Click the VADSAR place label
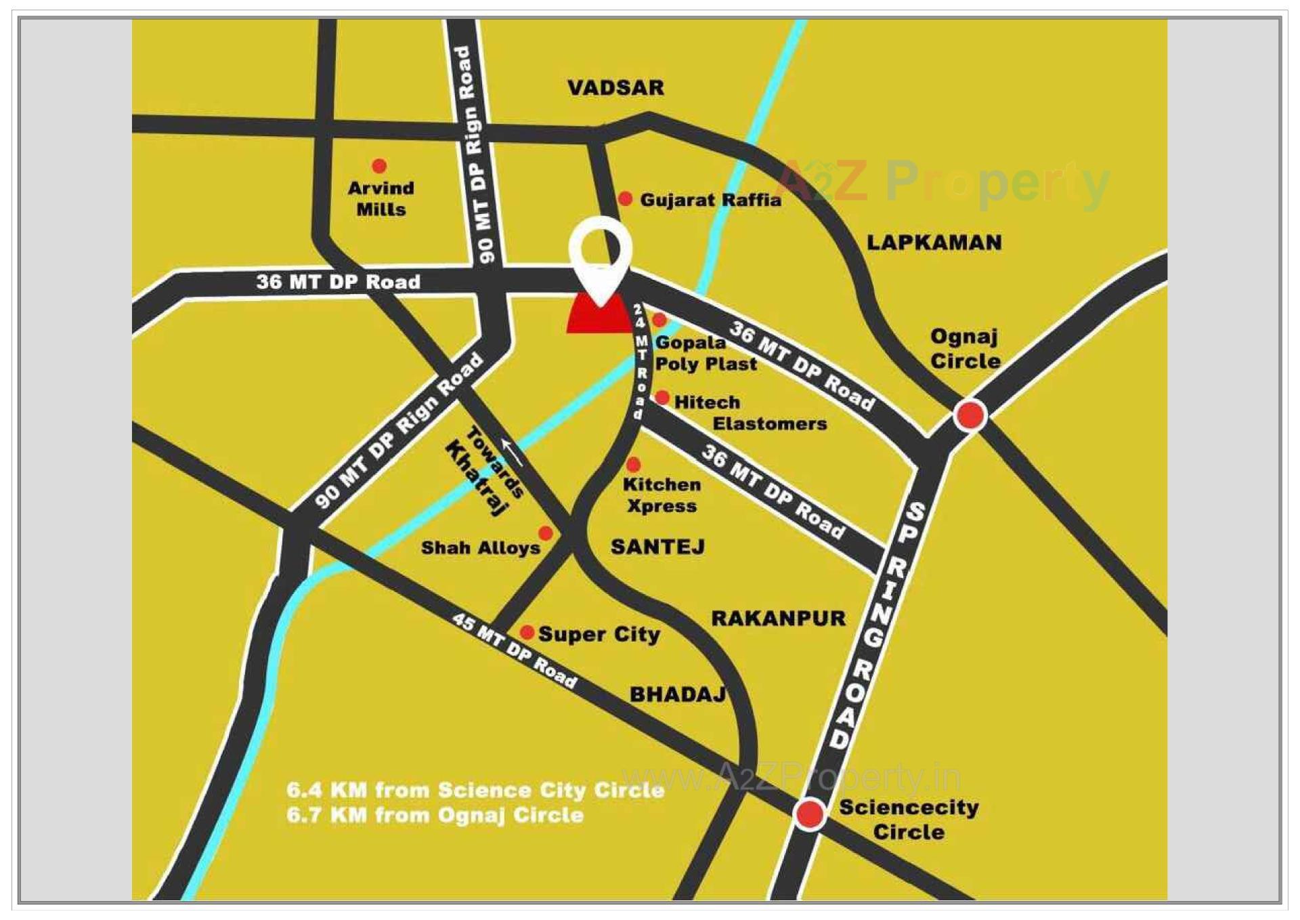point(615,88)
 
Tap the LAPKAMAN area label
point(934,243)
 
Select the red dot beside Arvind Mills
point(379,166)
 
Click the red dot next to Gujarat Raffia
point(626,198)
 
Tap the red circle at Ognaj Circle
point(969,415)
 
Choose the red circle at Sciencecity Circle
point(809,814)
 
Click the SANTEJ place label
point(657,547)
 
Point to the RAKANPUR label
point(778,618)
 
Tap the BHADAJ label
point(677,694)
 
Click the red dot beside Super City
point(527,633)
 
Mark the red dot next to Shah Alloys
point(545,533)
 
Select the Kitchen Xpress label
point(662,495)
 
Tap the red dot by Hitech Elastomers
point(662,398)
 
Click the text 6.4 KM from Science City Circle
point(475,790)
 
